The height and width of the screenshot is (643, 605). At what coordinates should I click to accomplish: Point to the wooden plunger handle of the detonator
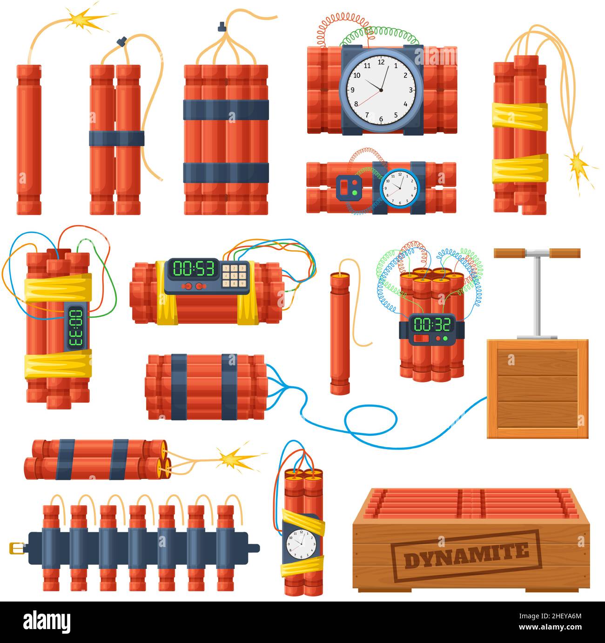point(537,253)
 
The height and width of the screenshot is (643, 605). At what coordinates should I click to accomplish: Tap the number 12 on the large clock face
point(381,62)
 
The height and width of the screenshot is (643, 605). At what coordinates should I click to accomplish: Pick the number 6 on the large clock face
point(381,119)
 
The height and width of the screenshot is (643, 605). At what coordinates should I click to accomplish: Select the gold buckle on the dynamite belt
point(16,548)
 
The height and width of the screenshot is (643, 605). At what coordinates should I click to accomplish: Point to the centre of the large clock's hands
point(381,90)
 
